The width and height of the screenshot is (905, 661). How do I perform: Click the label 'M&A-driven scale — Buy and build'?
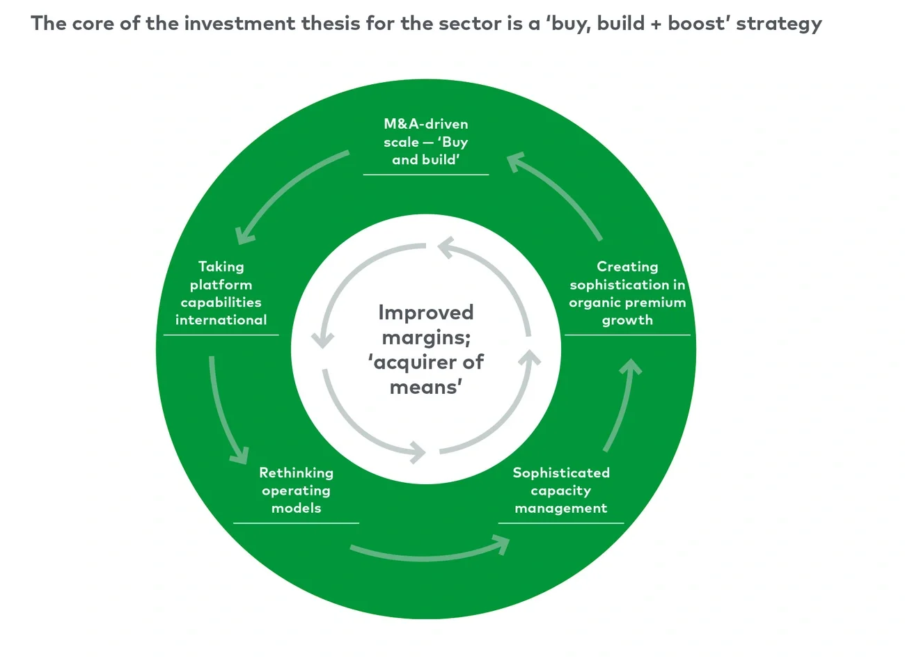tap(425, 142)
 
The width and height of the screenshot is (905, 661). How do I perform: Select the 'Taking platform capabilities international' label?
tap(221, 293)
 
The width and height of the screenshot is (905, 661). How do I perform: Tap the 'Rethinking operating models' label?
tap(296, 491)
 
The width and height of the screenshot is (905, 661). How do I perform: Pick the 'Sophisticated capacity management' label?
tap(560, 491)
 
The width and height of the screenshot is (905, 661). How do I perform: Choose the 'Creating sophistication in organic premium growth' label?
tap(627, 293)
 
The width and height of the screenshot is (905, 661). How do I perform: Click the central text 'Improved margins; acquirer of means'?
tap(425, 349)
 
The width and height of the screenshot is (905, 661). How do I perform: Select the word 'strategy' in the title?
tap(779, 24)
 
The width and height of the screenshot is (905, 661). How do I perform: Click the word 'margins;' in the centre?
tap(425, 337)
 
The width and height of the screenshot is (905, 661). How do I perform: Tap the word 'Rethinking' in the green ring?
tap(296, 472)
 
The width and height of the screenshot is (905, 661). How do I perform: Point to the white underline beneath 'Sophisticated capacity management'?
tap(560, 523)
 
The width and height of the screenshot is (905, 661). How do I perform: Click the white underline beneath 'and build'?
tap(425, 174)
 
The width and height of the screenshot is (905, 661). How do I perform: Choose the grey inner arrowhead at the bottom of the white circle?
tap(419, 452)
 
